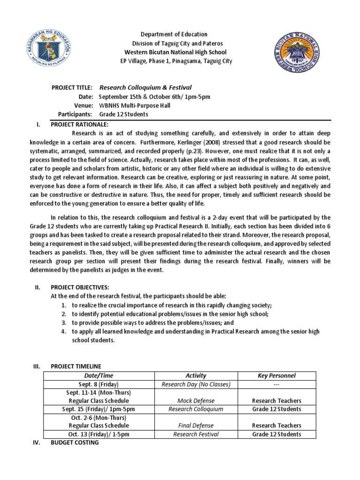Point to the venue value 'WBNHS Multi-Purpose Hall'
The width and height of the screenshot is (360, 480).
coord(135,105)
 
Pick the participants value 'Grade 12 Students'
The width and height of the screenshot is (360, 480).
coord(123,114)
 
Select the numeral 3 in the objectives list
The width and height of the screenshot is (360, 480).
coord(63,323)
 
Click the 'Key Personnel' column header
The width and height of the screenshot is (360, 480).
coord(277,375)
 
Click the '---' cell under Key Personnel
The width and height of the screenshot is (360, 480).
coord(277,384)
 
